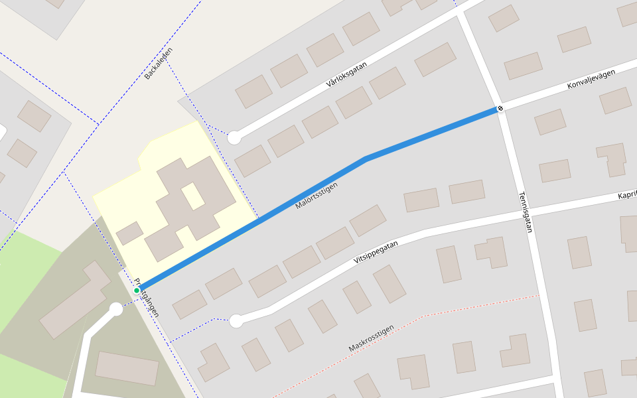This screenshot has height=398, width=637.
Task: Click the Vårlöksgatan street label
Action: point(347,74)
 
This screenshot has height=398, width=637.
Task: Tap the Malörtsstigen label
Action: point(317,196)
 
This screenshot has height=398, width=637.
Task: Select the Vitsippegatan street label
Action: point(376,253)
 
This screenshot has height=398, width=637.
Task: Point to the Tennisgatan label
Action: point(526,212)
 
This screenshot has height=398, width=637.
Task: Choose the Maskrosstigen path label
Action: point(372,338)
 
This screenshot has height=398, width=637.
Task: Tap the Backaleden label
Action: point(159,64)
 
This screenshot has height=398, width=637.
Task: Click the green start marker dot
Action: point(137,291)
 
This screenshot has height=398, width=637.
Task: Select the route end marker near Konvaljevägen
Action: point(500,108)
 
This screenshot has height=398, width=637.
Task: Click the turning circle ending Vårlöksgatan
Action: point(234,138)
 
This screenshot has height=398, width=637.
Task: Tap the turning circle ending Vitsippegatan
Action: point(236,321)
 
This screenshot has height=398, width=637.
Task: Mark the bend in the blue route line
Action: point(366,159)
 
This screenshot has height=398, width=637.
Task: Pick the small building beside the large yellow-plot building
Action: point(129,233)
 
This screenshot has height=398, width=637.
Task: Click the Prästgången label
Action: point(147,297)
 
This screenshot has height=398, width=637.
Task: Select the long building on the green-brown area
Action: point(75,299)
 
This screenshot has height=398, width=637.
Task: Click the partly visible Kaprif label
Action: point(626,196)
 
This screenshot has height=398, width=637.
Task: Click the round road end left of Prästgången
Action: point(115,309)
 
